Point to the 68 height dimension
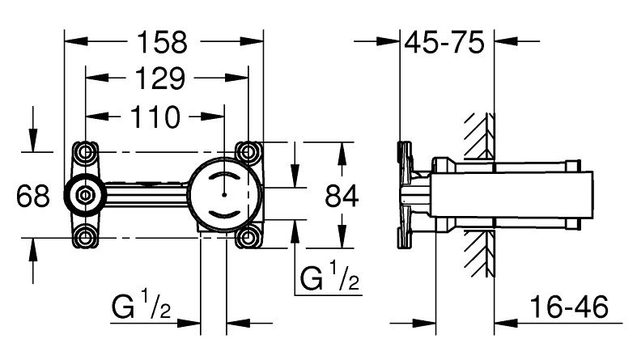point(33,194)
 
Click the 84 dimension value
point(341,194)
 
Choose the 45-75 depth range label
point(448,40)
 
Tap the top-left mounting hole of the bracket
point(86,151)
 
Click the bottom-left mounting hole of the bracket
point(86,237)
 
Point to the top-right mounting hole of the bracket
point(246,151)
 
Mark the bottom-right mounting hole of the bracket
point(246,237)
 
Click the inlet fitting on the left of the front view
point(84,194)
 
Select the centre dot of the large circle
point(223,194)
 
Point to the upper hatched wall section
point(478,134)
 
